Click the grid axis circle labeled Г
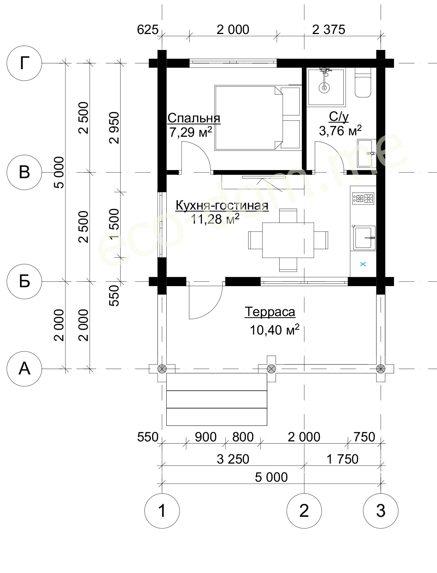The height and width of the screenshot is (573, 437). (x=24, y=63)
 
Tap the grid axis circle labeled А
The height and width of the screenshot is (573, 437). (x=24, y=369)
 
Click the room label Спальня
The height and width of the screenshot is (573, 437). (x=194, y=118)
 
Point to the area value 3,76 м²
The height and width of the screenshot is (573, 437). (x=340, y=131)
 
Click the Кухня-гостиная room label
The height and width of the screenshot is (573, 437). (x=222, y=206)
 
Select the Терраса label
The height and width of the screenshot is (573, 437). (x=270, y=312)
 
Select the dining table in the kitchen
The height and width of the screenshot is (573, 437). (x=288, y=240)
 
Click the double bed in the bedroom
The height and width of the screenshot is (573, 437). (x=257, y=118)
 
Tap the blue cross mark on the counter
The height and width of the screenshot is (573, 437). (x=363, y=264)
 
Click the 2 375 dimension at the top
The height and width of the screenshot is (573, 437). (x=329, y=30)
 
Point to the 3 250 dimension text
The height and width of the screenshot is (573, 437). (x=233, y=459)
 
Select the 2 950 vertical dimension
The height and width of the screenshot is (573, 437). (x=114, y=128)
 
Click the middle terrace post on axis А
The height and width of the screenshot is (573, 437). (x=271, y=369)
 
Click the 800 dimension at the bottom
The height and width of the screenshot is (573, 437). (x=243, y=437)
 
